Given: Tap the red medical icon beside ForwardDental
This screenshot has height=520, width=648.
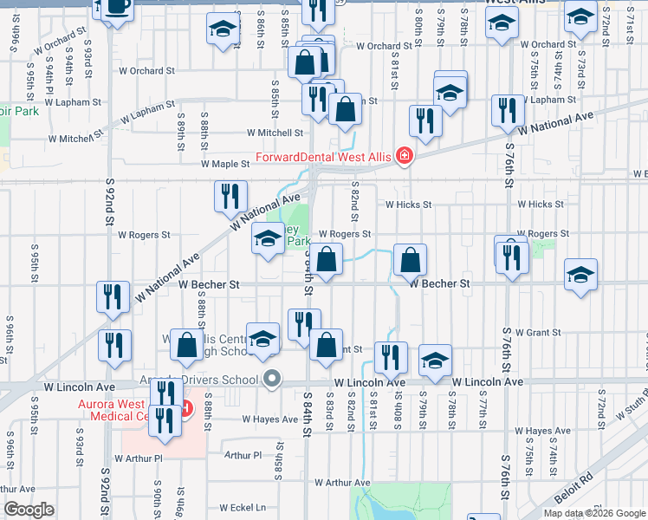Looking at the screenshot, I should click(x=403, y=157).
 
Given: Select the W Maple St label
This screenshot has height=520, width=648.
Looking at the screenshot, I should click(x=224, y=163).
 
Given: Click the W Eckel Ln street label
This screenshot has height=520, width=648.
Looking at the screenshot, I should click(x=243, y=508).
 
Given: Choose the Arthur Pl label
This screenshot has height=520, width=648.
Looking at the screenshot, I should click(x=243, y=455).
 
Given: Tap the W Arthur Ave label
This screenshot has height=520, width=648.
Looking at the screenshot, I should click(x=342, y=483).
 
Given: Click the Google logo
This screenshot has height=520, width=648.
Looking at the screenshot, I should click(x=29, y=510).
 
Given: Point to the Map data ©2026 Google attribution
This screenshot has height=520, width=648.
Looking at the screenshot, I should click(x=593, y=513).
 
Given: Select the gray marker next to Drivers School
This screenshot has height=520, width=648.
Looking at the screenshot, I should click(x=273, y=379).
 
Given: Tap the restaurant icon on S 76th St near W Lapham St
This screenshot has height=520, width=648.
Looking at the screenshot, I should click(x=507, y=108).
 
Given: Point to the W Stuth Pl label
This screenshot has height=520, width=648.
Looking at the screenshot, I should click(x=630, y=401).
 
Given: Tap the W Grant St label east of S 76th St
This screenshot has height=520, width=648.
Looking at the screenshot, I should click(x=539, y=332).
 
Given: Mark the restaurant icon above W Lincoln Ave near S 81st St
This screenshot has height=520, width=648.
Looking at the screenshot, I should click(x=391, y=356).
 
